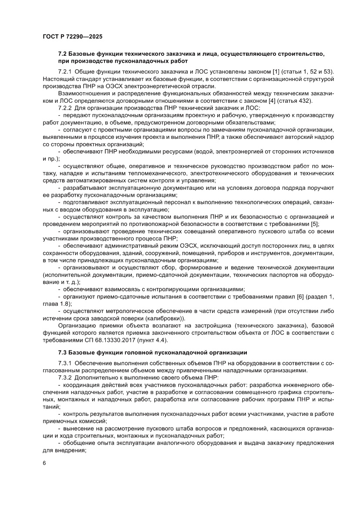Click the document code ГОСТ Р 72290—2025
pos(73,37)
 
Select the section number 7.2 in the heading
pos(63,54)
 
